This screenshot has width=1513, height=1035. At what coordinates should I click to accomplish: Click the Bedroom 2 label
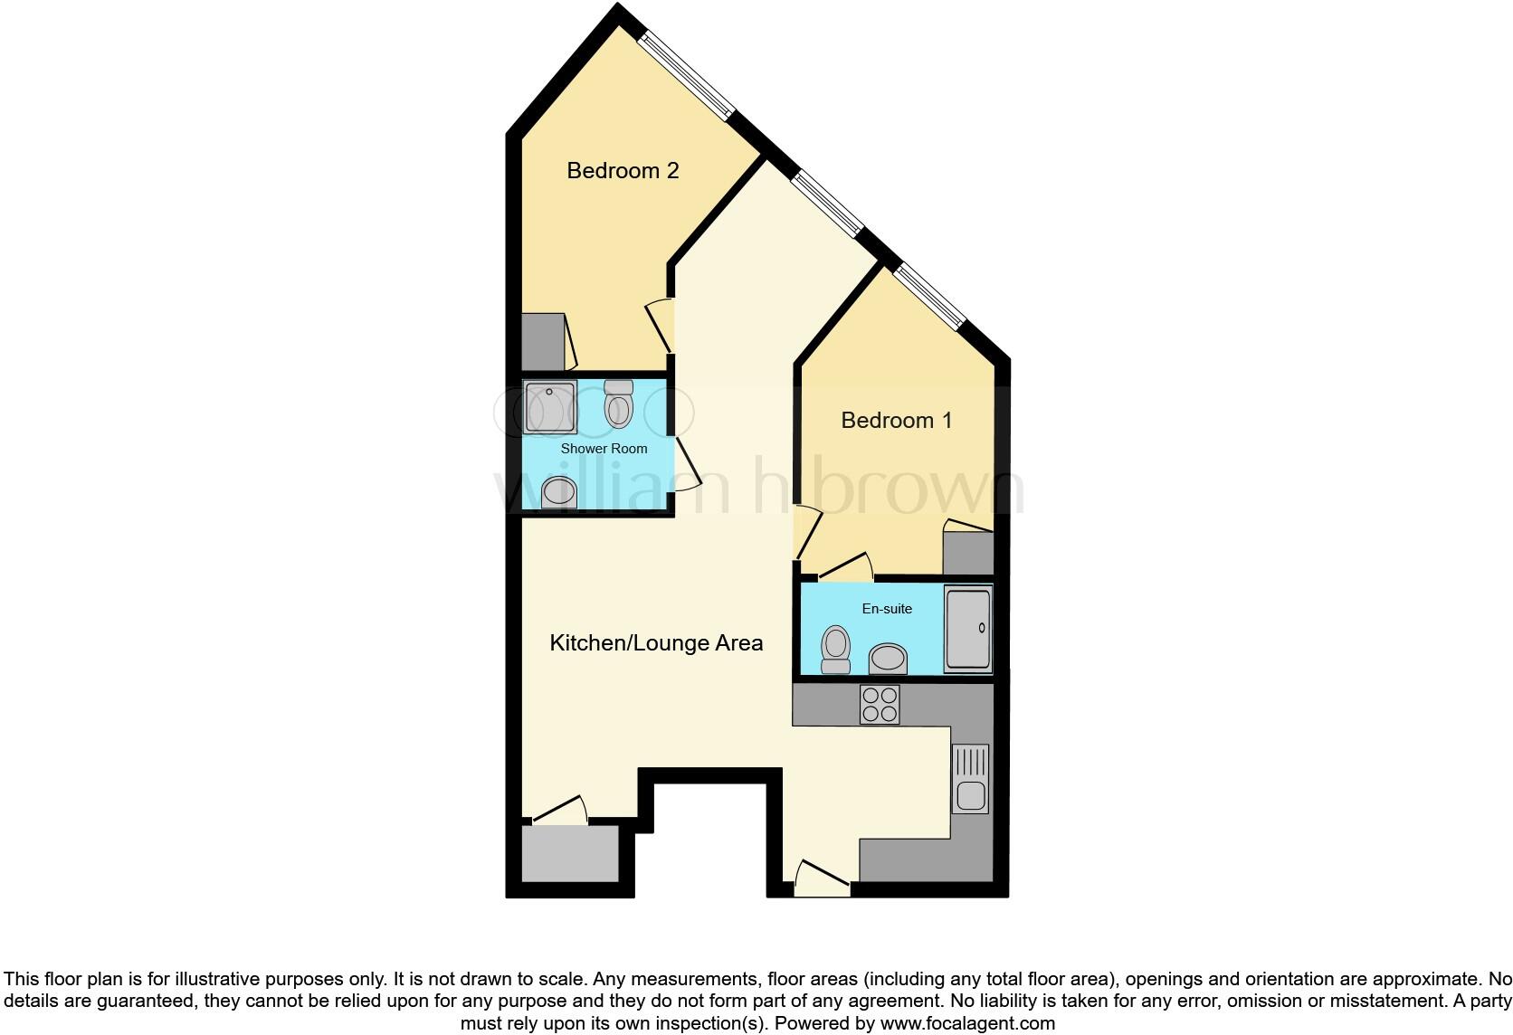[x=623, y=170]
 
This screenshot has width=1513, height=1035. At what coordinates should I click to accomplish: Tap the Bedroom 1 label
[x=896, y=420]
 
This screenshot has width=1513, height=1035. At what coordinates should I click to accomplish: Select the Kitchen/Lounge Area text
[x=656, y=643]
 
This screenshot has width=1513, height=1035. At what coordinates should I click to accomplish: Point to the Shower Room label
[x=604, y=449]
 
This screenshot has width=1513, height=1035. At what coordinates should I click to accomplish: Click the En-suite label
[x=887, y=609]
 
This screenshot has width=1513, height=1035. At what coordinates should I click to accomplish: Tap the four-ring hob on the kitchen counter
[x=880, y=705]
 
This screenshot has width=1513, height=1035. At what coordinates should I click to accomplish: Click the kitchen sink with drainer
[x=970, y=778]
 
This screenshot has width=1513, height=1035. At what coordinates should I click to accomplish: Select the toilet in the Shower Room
[x=618, y=404]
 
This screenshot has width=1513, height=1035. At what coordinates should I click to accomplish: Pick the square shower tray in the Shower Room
[x=550, y=408]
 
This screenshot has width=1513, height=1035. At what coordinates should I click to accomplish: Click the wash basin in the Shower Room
[x=554, y=494]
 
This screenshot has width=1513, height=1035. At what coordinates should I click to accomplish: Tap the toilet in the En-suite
[x=836, y=650]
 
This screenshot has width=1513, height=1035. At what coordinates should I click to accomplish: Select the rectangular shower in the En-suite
[x=968, y=629]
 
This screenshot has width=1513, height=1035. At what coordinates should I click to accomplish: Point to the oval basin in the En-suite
[x=889, y=660]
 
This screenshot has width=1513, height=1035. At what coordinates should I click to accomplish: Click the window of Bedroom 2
[x=685, y=76]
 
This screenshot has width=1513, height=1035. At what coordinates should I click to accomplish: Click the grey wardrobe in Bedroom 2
[x=543, y=342]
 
